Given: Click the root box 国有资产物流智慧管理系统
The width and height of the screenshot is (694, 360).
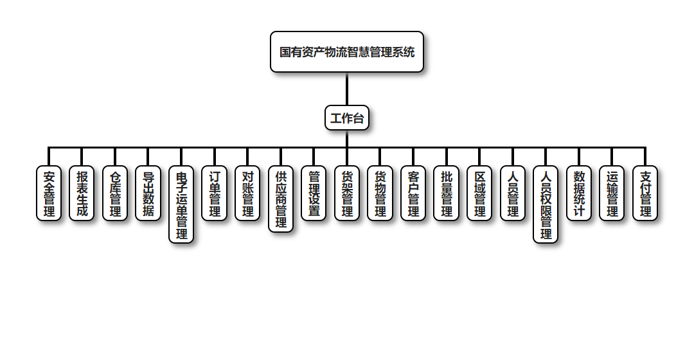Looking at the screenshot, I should (347, 52).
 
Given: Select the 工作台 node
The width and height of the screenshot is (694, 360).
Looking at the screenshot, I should (347, 118).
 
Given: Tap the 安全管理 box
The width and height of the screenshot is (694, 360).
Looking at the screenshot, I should (49, 194).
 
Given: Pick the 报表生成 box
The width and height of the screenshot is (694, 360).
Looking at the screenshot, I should (82, 194).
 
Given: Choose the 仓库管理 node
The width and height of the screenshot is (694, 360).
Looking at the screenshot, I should (115, 194).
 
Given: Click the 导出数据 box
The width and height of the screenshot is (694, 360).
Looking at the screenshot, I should (148, 194).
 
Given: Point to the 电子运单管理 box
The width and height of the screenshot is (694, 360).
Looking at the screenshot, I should (181, 204).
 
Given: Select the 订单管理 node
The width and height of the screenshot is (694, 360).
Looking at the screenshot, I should (215, 194).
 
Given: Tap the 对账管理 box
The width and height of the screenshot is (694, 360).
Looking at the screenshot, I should (247, 194).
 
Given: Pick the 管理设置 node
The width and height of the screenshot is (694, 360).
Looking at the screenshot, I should (314, 194).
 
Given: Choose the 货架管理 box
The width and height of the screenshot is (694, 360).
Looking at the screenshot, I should (347, 194).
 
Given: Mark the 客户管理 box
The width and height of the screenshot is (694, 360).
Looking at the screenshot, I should (413, 194).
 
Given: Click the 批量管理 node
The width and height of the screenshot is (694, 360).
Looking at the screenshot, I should (447, 194).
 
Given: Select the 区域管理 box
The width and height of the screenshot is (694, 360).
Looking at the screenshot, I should (479, 194).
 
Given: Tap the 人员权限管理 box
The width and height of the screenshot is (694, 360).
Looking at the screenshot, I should (546, 204).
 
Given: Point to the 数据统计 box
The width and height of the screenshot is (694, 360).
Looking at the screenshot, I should (579, 194).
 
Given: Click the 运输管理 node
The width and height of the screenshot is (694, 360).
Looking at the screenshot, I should (612, 194).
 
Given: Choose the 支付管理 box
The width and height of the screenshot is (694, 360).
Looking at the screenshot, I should (645, 194).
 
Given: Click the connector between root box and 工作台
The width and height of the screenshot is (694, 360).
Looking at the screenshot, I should (347, 89).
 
